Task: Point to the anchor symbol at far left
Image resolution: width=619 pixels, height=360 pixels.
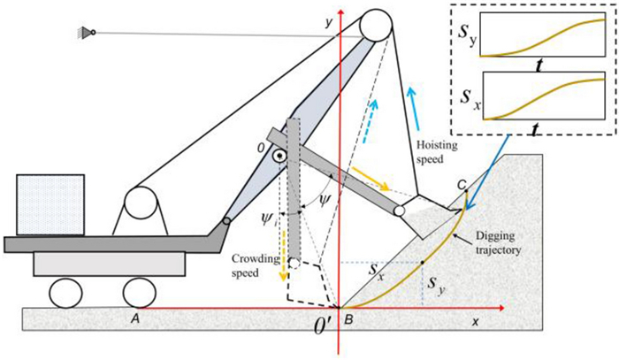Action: point(83,32)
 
